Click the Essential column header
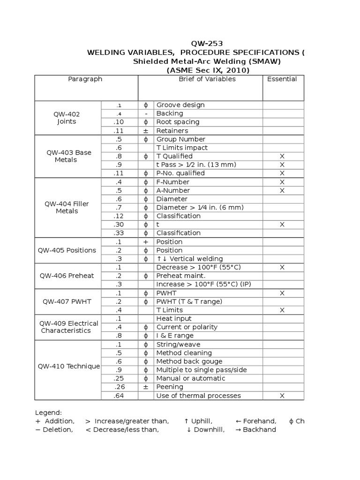[282, 79]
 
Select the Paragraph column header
[85, 79]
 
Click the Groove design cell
[180, 105]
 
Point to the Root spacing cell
[178, 122]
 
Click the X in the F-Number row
[282, 182]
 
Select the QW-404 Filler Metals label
[67, 207]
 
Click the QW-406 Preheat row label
[68, 276]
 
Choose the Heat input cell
[174, 319]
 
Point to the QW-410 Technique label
[68, 366]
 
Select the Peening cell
[170, 387]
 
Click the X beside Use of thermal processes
[282, 396]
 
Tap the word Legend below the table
[48, 412]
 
